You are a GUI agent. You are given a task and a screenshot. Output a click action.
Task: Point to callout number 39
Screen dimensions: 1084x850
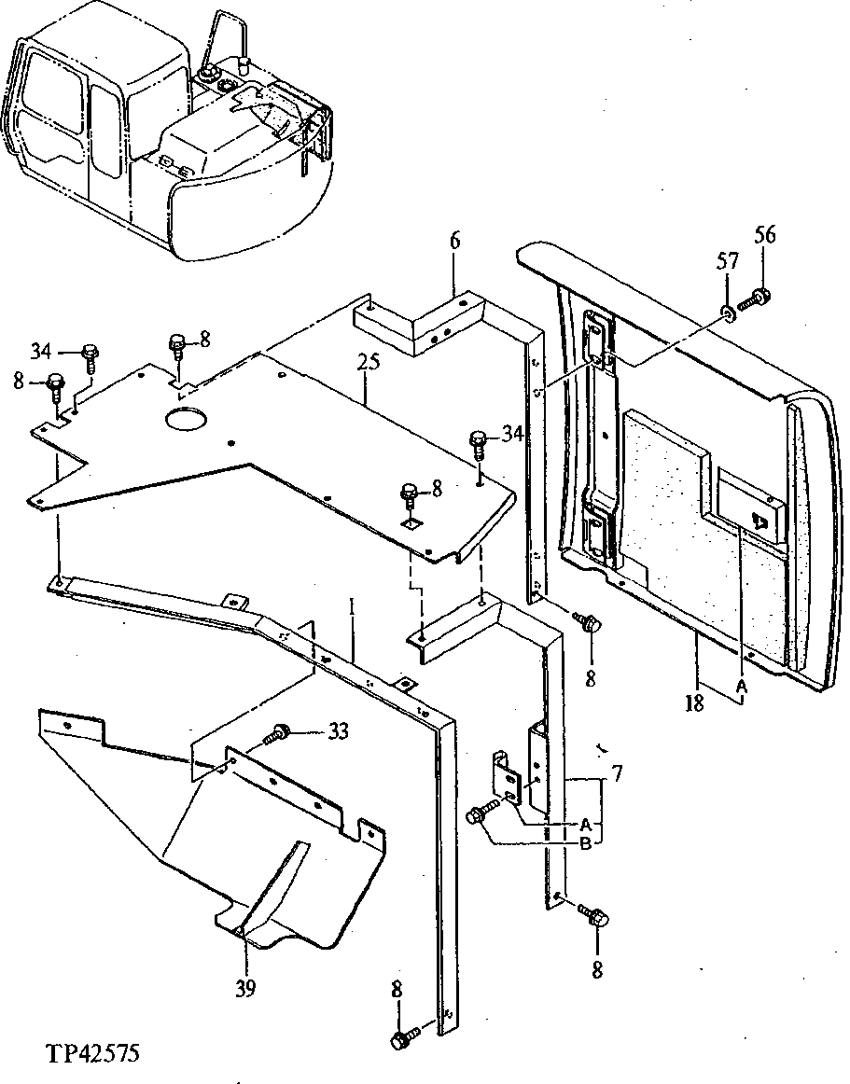[x=244, y=987]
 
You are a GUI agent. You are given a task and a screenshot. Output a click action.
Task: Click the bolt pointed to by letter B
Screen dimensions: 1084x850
[x=478, y=814]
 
